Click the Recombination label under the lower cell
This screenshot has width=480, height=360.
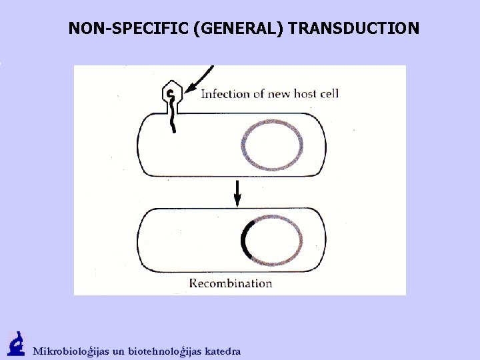click(x=231, y=283)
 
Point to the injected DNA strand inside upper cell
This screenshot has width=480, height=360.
click(x=175, y=120)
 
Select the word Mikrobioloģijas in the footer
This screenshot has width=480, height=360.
click(x=77, y=351)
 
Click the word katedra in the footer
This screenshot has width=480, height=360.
click(x=223, y=351)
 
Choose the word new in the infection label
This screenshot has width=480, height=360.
click(x=281, y=93)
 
